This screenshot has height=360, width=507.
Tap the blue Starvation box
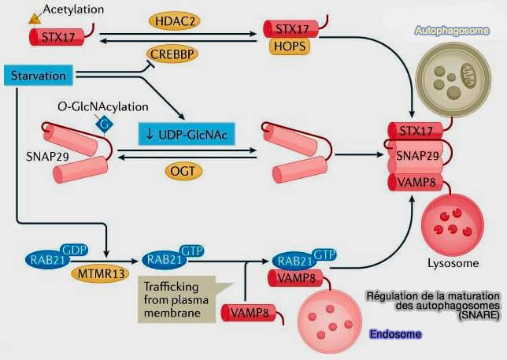click(39, 75)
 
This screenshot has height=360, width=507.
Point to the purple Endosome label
click(394, 335)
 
